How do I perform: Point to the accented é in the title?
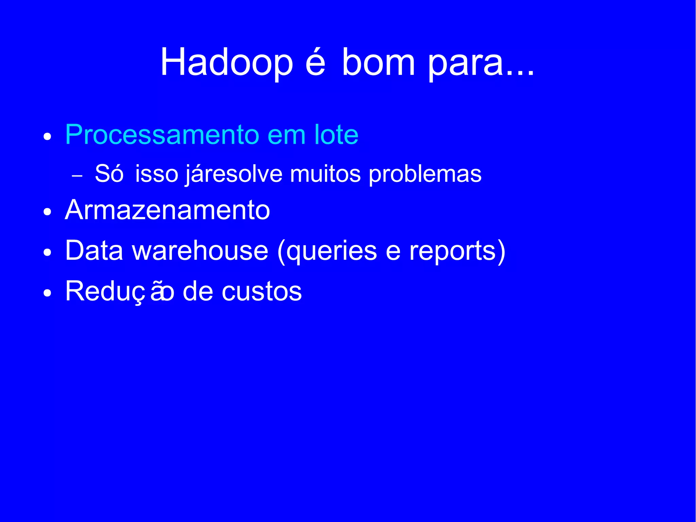[315, 62]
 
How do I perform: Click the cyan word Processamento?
[162, 135]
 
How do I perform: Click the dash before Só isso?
[77, 176]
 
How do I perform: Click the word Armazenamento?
[167, 210]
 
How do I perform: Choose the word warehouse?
[200, 251]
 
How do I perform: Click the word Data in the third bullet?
[94, 251]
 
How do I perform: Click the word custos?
[262, 291]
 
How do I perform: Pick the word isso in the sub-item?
[157, 174]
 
